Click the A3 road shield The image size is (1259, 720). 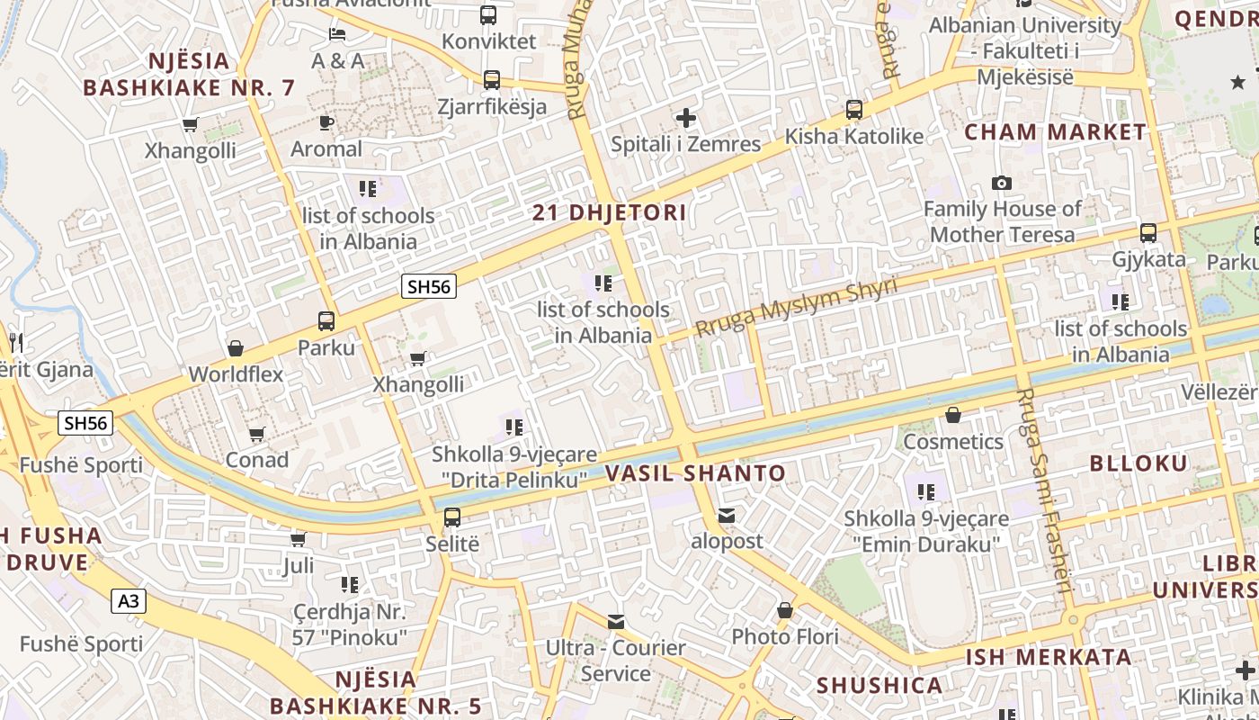click(129, 600)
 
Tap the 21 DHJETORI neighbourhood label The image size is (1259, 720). click(609, 213)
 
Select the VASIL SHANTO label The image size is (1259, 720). click(695, 473)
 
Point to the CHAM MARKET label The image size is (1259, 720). click(1056, 132)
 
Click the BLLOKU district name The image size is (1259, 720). click(1138, 463)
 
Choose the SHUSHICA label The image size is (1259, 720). click(879, 686)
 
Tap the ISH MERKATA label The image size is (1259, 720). click(1049, 657)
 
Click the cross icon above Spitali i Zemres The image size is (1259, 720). click(686, 118)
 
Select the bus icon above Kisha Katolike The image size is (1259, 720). click(853, 111)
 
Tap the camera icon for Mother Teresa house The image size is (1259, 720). click(1002, 184)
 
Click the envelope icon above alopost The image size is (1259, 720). click(726, 516)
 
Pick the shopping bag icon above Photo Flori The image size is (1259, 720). click(784, 611)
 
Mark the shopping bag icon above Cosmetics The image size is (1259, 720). click(952, 416)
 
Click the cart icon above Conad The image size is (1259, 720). click(256, 435)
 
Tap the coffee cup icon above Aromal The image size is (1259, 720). click(326, 123)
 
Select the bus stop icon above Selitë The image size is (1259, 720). click(451, 517)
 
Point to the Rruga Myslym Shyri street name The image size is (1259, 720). click(797, 308)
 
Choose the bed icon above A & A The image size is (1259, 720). click(337, 34)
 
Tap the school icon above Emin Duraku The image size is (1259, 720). click(925, 492)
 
